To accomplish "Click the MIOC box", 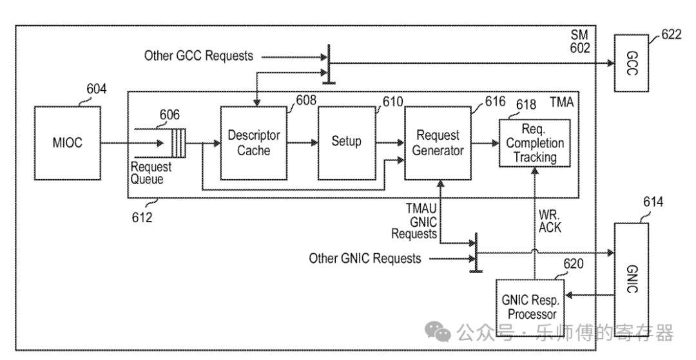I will click(x=67, y=143).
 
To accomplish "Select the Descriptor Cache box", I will click(x=254, y=143).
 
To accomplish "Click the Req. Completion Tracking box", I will click(x=534, y=143).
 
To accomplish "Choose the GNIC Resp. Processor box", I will click(x=528, y=307).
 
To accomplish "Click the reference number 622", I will click(x=671, y=35).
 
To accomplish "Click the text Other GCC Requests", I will click(x=198, y=56).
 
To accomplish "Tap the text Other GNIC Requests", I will click(x=365, y=259).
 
